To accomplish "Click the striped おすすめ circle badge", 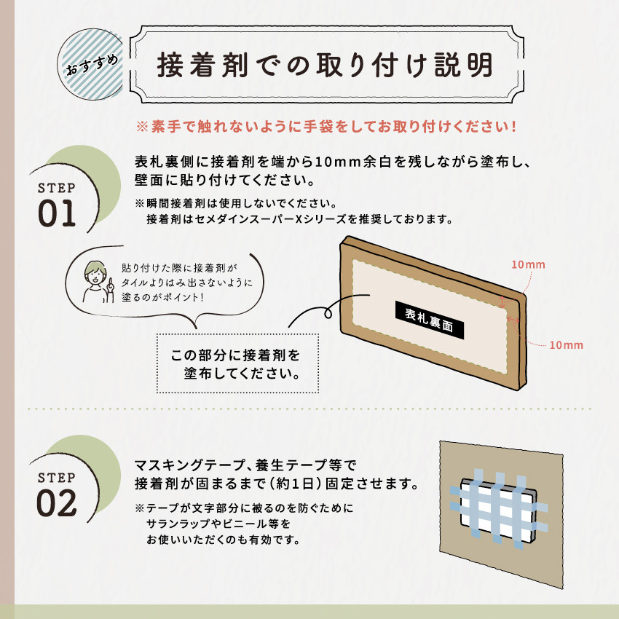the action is point(92,64).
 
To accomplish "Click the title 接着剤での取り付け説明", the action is point(325,65).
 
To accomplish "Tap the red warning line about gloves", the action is point(326,127).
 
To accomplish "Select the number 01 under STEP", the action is point(57,213).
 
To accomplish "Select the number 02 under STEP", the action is point(57,503).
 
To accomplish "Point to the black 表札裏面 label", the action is point(430,320).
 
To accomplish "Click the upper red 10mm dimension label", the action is point(528,264).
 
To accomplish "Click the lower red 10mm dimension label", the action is point(566,345).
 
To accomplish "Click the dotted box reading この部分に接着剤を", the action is point(237,363).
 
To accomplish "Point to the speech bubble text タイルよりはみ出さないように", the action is point(186,283).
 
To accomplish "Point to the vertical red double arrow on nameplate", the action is point(502,301).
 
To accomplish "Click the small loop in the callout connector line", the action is point(328,313).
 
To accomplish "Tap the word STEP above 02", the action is point(57,478).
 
